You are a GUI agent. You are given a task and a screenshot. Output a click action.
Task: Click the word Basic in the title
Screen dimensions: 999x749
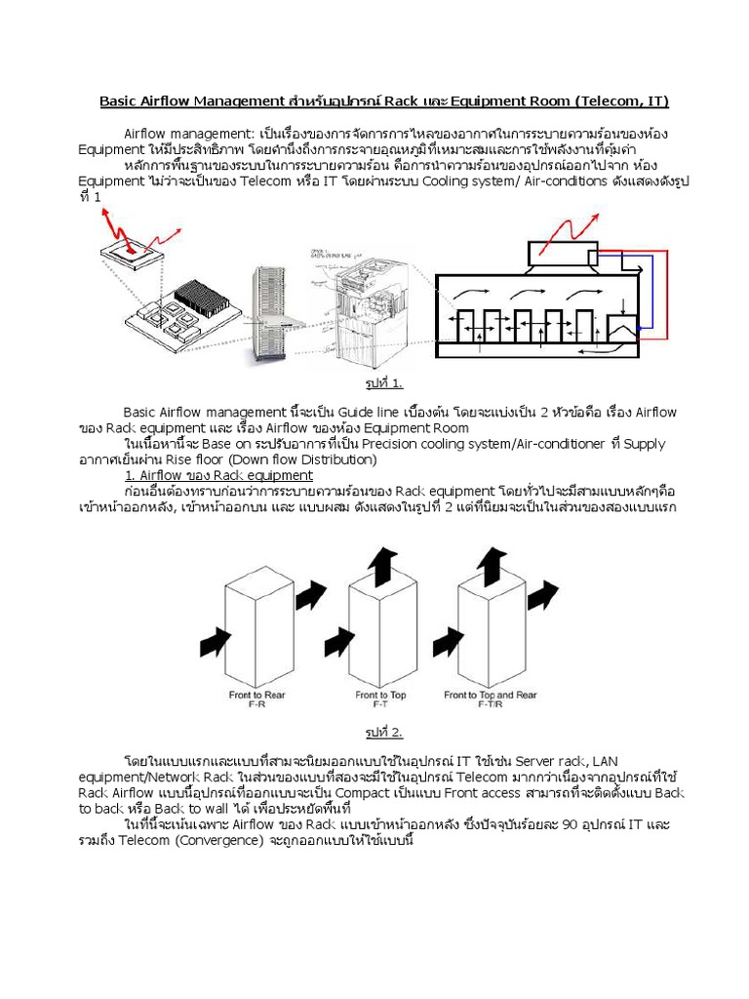[122, 101]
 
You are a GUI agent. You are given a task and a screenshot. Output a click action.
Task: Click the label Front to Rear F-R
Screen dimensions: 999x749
[252, 699]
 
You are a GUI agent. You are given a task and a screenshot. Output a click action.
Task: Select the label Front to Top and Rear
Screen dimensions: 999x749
[490, 695]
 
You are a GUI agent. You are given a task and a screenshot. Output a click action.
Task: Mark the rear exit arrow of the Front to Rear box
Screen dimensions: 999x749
[309, 591]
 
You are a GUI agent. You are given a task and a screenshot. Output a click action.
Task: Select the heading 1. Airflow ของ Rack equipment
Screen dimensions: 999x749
[218, 475]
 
